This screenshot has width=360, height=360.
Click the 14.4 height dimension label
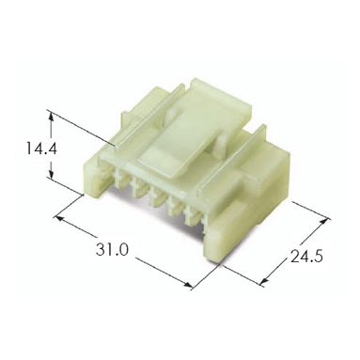coord(41,149)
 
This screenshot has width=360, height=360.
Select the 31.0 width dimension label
coord(112,250)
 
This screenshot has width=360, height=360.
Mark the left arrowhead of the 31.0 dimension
coord(59,218)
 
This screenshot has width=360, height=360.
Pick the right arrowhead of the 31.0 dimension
coord(187,285)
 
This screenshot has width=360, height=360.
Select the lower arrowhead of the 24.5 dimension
coord(264,281)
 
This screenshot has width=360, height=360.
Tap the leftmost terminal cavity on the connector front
coord(118,179)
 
